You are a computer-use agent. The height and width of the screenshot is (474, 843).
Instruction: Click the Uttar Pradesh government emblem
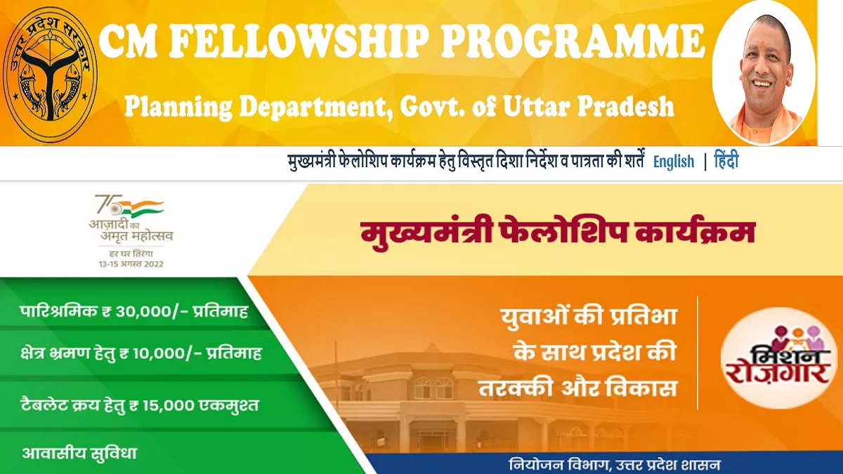51,72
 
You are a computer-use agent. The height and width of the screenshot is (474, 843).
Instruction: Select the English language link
673,162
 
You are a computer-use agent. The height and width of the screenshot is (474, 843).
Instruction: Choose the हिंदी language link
726,162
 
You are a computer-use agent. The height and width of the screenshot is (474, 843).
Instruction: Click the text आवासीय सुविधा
79,453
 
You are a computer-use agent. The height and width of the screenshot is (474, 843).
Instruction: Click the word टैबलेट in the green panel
48,405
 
